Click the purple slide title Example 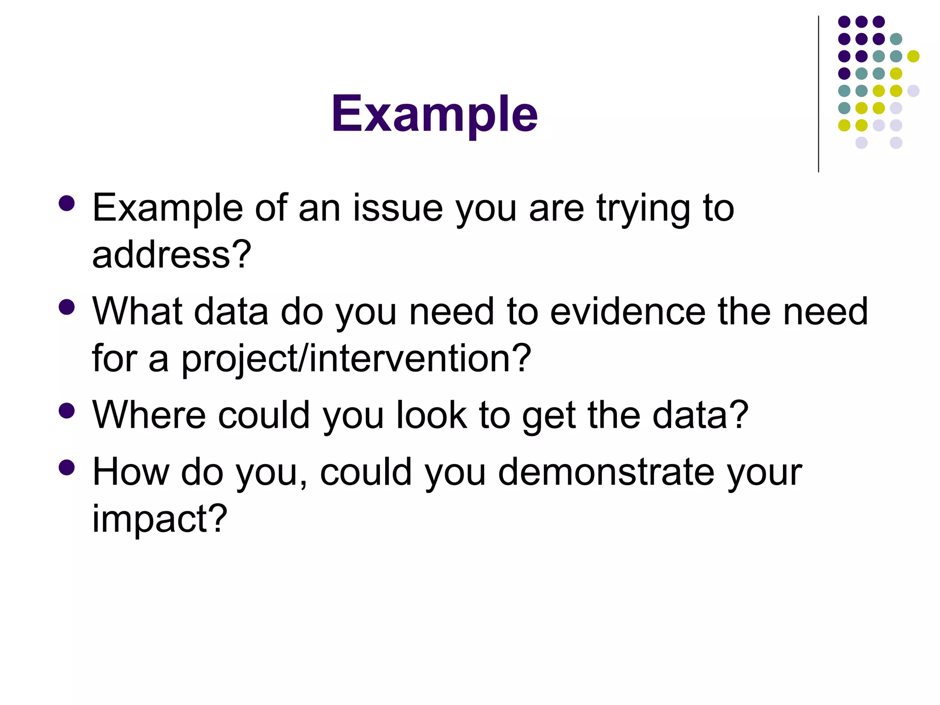tap(434, 114)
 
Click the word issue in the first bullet tap(397, 209)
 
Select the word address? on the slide tap(172, 255)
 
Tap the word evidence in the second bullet tap(627, 312)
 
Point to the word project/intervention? tap(356, 359)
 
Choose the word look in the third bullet tap(431, 415)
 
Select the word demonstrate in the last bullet tap(606, 472)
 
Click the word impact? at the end tap(160, 519)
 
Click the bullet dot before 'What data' tap(67, 307)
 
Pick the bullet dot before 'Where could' tap(67, 411)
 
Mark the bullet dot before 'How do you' tap(67, 468)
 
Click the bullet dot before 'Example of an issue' tap(67, 204)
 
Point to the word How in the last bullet tap(130, 472)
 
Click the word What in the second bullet tap(136, 312)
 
